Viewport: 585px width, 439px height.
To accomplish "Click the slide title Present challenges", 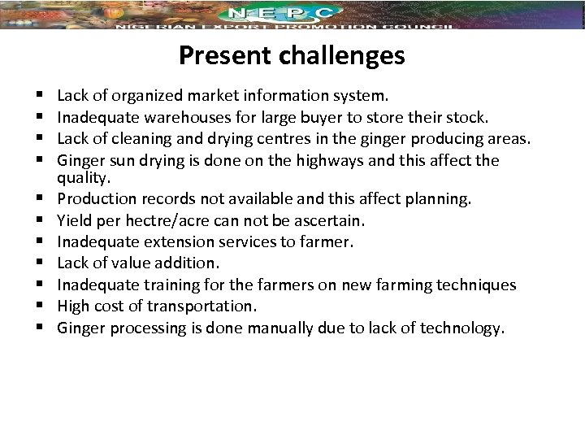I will (x=292, y=55).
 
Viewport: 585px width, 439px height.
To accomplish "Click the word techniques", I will (x=475, y=285).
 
